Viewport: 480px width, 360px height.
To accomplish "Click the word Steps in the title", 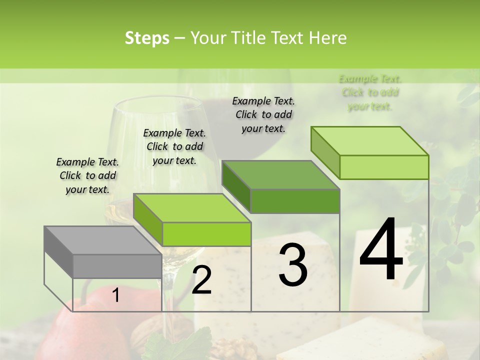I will [x=147, y=38].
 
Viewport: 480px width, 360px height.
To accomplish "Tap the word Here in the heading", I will [x=327, y=38].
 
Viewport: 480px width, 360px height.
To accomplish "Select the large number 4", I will [x=381, y=250].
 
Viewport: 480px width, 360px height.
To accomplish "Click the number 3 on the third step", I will [x=293, y=265].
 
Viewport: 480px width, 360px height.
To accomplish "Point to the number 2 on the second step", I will [x=201, y=280].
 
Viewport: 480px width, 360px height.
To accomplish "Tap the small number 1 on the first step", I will [x=116, y=295].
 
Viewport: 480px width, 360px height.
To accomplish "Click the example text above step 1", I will [x=87, y=175].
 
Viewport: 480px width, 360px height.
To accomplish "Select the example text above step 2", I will [x=174, y=146].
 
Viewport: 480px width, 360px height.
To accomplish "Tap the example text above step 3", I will [x=263, y=114].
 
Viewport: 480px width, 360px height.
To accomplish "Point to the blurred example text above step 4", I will [x=370, y=92].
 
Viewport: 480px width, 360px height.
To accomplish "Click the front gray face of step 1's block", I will [x=117, y=266].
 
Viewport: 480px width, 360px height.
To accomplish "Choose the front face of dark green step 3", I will [x=295, y=201].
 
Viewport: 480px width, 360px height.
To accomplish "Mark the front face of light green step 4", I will [x=384, y=167].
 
